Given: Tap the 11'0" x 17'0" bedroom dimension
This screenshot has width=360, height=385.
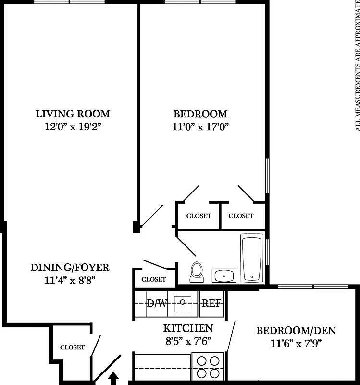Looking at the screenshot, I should click(x=200, y=127).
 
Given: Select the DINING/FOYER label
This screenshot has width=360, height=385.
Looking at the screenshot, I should click(x=70, y=267).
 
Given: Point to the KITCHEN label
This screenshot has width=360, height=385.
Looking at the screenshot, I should click(x=188, y=328).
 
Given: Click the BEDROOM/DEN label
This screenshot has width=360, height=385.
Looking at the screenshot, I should click(x=296, y=331).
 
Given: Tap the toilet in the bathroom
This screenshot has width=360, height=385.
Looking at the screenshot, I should click(x=196, y=272).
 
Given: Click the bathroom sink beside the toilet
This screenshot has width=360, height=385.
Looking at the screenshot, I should click(x=223, y=276).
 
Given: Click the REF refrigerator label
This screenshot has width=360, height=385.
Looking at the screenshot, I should click(x=211, y=303).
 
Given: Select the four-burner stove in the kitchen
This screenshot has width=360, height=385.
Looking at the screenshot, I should click(x=208, y=367).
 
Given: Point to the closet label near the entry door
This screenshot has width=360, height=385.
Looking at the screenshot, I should click(x=72, y=347).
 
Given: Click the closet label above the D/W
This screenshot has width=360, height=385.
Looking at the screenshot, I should click(x=154, y=279).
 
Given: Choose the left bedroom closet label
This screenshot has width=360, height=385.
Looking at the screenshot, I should click(x=199, y=216).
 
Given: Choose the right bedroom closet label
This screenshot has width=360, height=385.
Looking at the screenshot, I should click(x=241, y=216).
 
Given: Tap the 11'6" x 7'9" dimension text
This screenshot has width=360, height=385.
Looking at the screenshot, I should click(x=296, y=343).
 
